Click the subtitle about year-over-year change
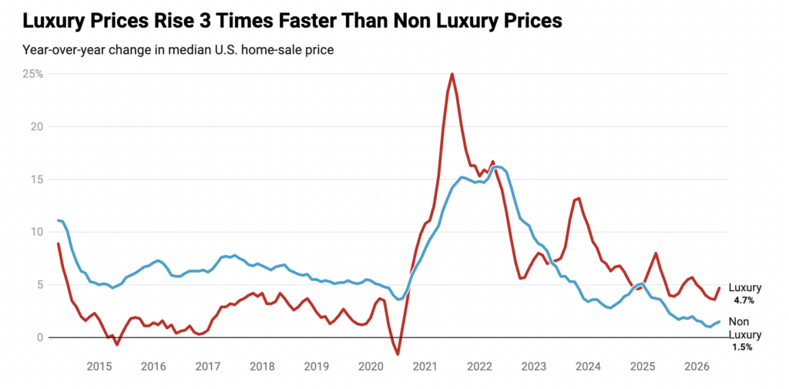[178, 50]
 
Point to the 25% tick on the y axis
[33, 74]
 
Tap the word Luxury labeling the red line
[745, 288]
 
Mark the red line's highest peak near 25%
[452, 74]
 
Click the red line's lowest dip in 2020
[398, 354]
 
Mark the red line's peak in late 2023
[579, 198]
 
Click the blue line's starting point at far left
[58, 220]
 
